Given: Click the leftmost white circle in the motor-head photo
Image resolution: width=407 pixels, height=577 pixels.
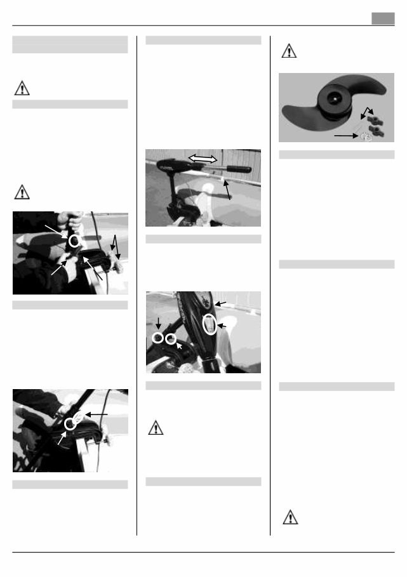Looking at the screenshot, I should (x=157, y=338).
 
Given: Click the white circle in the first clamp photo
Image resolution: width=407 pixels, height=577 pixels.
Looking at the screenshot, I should (x=75, y=242).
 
